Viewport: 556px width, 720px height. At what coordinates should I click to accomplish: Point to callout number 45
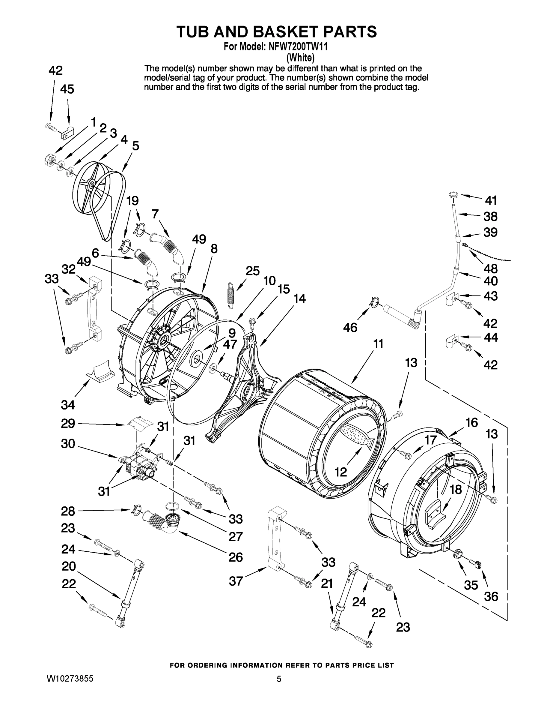pyautogui.click(x=67, y=89)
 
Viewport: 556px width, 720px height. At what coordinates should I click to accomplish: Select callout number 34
pyautogui.click(x=67, y=404)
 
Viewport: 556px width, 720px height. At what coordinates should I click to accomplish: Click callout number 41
pyautogui.click(x=490, y=200)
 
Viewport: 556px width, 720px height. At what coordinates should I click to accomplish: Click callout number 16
pyautogui.click(x=471, y=422)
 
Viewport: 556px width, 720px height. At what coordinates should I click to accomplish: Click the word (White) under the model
pyautogui.click(x=300, y=58)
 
